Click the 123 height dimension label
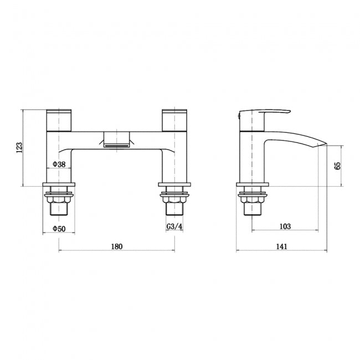pyautogui.click(x=19, y=147)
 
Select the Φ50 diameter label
pyautogui.click(x=59, y=228)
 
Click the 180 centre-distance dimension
pyautogui.click(x=116, y=246)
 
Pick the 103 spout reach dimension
pyautogui.click(x=285, y=227)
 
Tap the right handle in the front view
pyautogui.click(x=175, y=119)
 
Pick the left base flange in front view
pyautogui.click(x=59, y=186)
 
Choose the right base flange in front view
pyautogui.click(x=175, y=186)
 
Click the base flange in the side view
pyautogui.click(x=253, y=186)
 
